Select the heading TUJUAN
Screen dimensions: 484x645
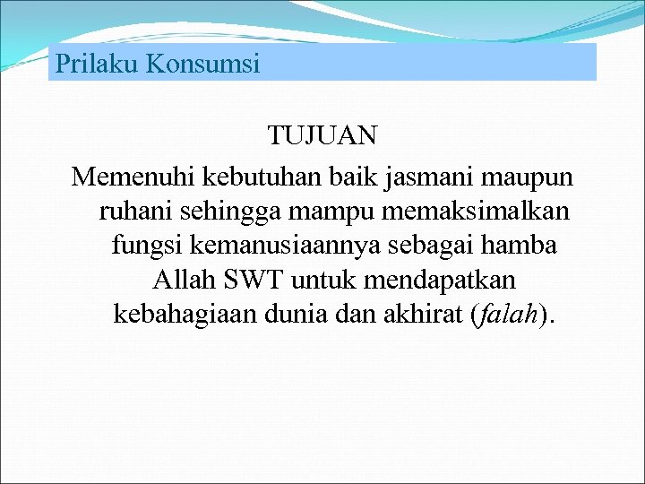tap(322, 136)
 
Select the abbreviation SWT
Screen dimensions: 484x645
tap(252, 281)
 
